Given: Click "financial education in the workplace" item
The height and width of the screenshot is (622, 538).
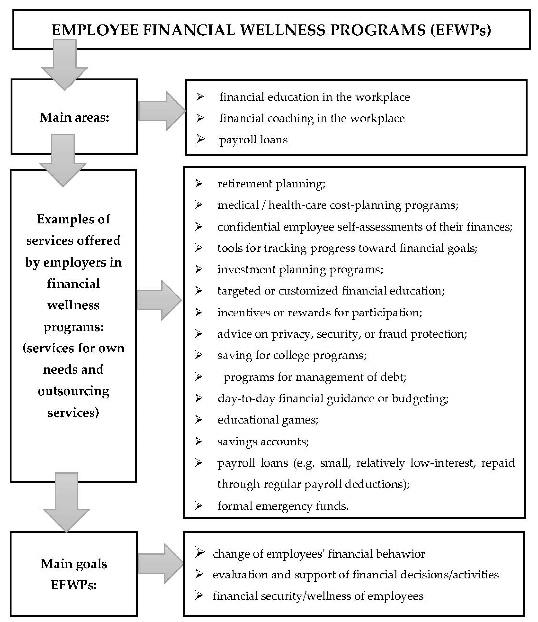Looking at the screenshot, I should (314, 97).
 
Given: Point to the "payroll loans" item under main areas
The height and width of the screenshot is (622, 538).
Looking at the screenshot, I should (253, 140).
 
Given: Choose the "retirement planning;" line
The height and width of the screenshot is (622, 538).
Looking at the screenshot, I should (271, 184).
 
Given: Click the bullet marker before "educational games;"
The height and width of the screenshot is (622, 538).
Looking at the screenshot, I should (198, 419).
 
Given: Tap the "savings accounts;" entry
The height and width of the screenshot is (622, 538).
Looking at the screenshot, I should (263, 441).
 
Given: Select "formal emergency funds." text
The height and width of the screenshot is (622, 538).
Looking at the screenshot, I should (283, 506).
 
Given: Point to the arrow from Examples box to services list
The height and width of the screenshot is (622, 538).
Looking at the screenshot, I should (159, 300).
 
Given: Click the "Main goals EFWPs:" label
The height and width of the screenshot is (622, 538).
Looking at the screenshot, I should (74, 574).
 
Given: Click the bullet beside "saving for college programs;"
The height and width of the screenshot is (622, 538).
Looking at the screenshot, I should (198, 355).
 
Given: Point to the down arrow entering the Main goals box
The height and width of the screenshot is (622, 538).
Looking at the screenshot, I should (66, 505).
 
